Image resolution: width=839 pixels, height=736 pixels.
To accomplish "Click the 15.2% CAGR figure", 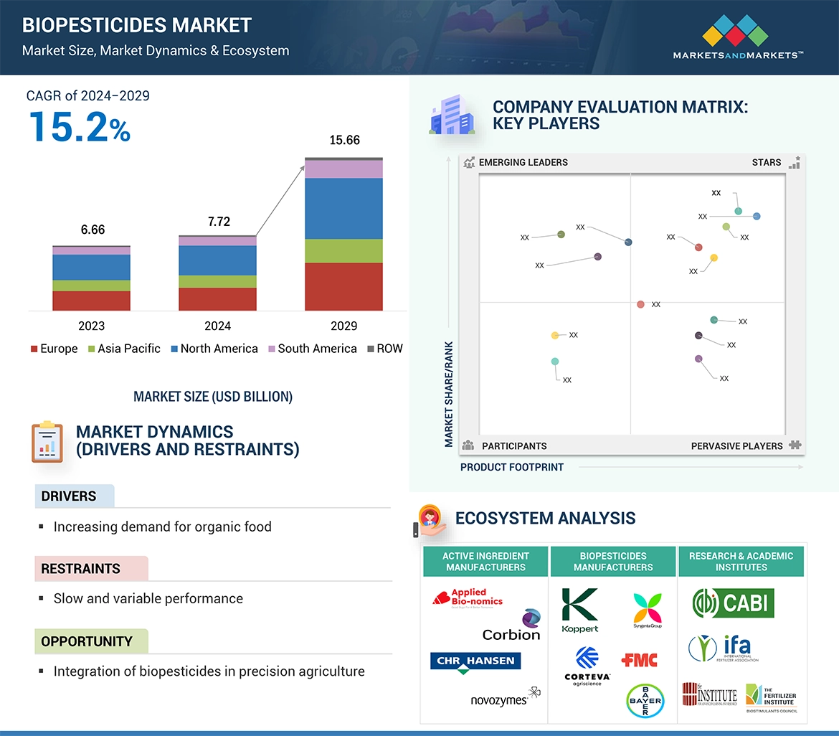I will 80,126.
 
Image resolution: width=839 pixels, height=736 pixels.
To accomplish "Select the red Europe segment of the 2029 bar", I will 343,286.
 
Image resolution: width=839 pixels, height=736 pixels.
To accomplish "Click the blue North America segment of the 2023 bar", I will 91,268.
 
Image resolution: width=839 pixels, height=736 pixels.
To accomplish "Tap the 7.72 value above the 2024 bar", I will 219,222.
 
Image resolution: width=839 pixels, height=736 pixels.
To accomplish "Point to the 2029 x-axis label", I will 343,326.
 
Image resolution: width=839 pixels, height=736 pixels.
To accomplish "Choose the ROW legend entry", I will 385,349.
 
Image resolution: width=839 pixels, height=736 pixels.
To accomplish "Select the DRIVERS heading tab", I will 69,496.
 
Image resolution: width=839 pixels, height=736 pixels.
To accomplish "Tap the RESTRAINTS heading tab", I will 80,569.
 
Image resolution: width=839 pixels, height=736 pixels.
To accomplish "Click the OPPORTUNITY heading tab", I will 87,641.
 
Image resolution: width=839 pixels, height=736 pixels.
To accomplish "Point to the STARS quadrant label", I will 767,162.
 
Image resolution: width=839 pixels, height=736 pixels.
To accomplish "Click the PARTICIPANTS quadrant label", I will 513,445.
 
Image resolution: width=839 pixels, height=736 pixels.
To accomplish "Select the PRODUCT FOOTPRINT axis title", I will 512,467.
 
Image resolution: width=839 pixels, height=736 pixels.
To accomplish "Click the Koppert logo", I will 580,610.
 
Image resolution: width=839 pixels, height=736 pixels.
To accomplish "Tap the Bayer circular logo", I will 645,700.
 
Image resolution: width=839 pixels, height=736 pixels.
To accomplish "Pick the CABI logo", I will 733,603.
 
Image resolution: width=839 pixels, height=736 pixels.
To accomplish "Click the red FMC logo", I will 640,659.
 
